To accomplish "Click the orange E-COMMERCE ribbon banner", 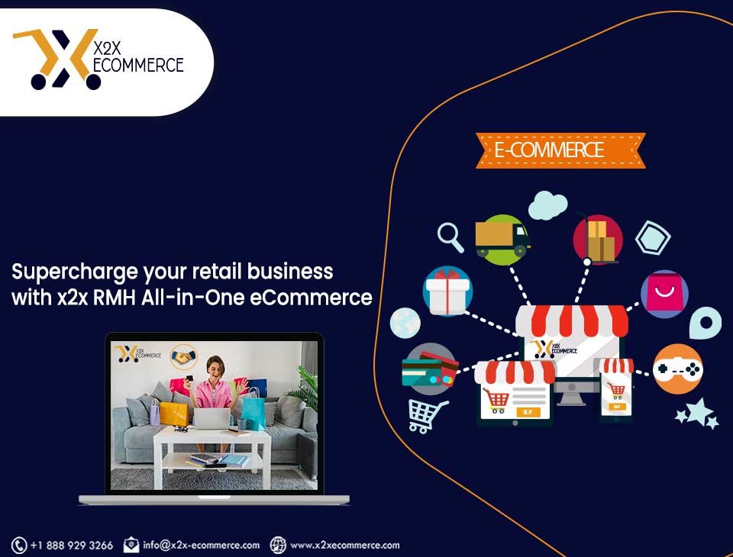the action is click(x=560, y=150).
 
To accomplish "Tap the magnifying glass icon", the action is click(x=450, y=237).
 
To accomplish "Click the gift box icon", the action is click(x=448, y=291).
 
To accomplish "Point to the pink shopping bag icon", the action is click(x=664, y=294).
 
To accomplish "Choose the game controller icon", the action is click(x=677, y=369).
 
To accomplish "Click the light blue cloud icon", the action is click(x=548, y=205).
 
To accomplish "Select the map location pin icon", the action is click(x=706, y=323).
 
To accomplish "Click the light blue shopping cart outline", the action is click(x=428, y=415).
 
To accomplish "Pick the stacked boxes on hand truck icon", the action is click(x=598, y=240).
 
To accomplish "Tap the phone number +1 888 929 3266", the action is click(x=72, y=546).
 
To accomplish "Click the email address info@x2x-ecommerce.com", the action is click(x=201, y=546).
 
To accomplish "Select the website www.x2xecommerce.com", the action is click(x=345, y=546).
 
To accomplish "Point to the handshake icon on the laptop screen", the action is click(x=184, y=357).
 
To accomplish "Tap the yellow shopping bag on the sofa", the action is click(x=173, y=413).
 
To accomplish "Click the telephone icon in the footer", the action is click(x=19, y=546).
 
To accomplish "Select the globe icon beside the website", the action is click(x=278, y=545).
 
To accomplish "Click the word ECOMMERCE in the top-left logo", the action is click(x=138, y=66).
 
